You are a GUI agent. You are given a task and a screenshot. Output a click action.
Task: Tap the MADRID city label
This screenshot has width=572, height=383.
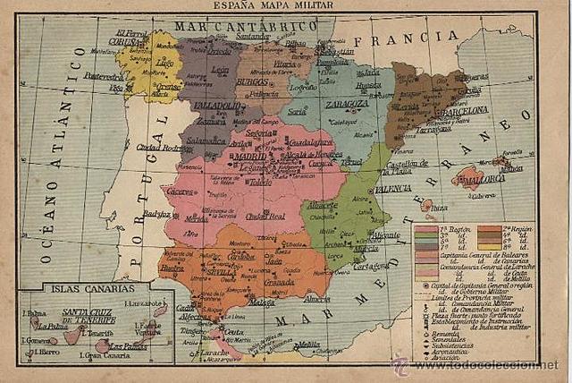(x=252, y=155)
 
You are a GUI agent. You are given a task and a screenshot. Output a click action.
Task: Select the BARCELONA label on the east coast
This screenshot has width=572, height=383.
(x=462, y=110)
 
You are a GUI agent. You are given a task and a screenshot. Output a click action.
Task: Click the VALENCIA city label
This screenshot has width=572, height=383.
(x=392, y=189)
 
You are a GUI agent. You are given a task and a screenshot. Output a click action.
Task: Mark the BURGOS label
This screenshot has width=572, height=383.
(x=256, y=81)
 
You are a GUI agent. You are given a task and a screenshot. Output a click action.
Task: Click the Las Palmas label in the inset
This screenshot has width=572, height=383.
(x=128, y=346)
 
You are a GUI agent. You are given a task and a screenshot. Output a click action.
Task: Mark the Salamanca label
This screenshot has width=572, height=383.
(x=208, y=140)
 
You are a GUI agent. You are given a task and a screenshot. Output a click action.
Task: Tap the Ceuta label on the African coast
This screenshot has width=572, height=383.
(x=234, y=332)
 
